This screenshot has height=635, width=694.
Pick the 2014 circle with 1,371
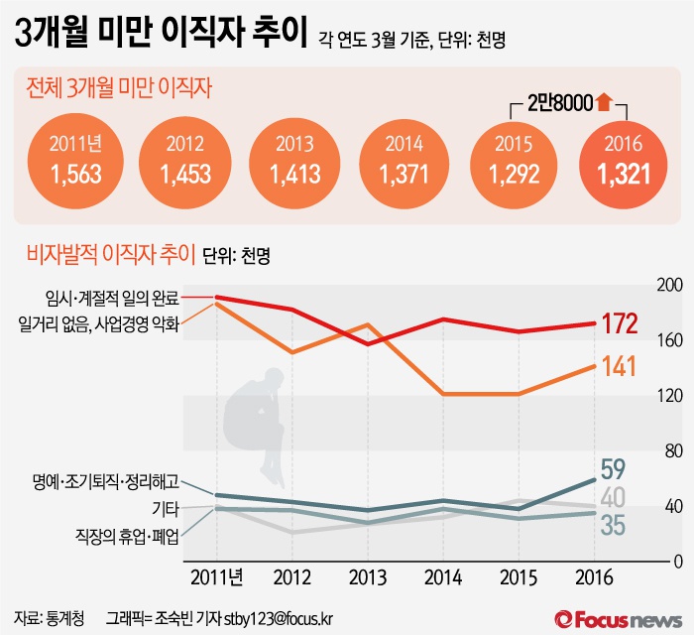[x=405, y=161]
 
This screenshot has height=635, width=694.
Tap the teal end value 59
[x=614, y=467]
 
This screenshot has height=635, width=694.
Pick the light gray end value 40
[x=614, y=498]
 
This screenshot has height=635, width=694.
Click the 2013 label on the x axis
[x=368, y=576]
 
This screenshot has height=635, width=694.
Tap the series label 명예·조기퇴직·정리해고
[x=106, y=483]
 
